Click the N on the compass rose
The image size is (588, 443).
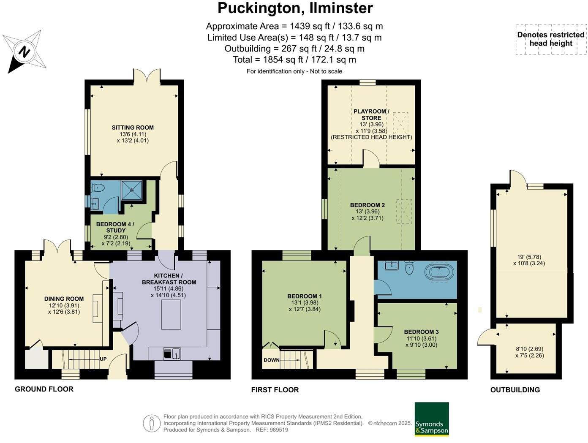[x=24, y=51]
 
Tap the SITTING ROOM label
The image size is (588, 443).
[x=133, y=128]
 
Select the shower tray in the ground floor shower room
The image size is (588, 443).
[x=131, y=190]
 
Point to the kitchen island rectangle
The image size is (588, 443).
[x=171, y=315]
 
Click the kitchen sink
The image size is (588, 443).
[x=172, y=353]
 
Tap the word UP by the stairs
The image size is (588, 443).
[x=103, y=359]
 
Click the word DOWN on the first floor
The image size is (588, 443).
[x=271, y=360]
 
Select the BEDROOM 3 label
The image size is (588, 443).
[x=422, y=332]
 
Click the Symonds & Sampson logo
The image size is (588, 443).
[x=432, y=419]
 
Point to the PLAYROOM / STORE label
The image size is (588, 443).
[x=371, y=114]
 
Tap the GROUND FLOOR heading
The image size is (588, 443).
[x=44, y=389]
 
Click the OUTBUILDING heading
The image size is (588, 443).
[x=515, y=390]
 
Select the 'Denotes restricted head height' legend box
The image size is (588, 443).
[x=551, y=39]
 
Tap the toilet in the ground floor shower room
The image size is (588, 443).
[x=98, y=188]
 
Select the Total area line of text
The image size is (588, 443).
[x=294, y=60]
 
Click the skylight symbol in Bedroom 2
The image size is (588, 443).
[x=404, y=211]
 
